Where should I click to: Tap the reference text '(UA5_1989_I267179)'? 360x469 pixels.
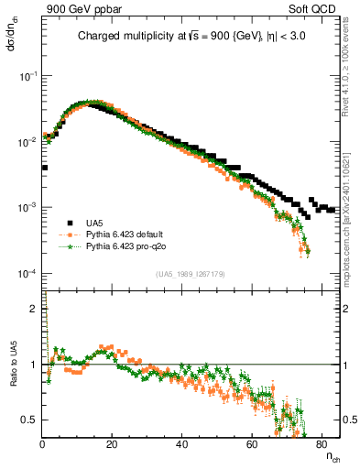(191, 274)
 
